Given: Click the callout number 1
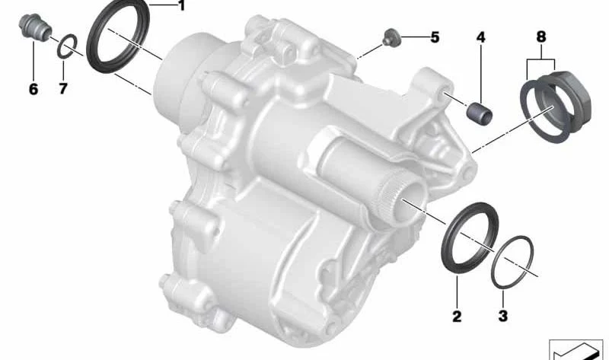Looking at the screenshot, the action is point(181,6).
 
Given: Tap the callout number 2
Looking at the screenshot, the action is point(457,316).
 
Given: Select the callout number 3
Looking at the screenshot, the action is point(503,316).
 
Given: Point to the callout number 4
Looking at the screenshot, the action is point(481,37).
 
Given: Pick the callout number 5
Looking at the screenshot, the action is point(435,37).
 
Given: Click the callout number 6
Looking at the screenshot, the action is point(33,89).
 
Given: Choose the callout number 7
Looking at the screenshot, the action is point(63,89).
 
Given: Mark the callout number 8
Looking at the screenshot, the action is point(541,37).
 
